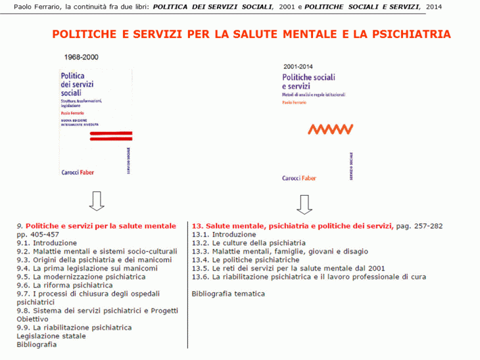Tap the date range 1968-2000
[82, 57]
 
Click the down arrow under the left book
[97, 201]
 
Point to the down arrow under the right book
[304, 204]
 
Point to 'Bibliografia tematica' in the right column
[228, 294]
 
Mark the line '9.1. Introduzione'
[47, 243]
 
